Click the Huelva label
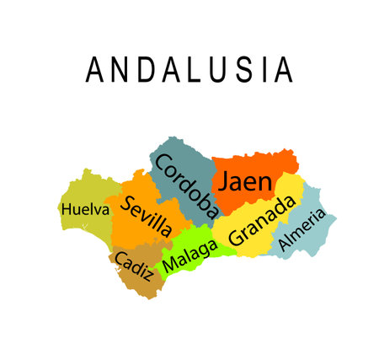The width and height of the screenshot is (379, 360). [x=85, y=208]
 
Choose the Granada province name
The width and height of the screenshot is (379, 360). [x=263, y=221]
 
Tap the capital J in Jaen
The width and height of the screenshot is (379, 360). [x=225, y=180]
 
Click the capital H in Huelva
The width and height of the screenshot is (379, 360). [x=66, y=208]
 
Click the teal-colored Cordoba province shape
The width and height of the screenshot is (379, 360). [x=173, y=152]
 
